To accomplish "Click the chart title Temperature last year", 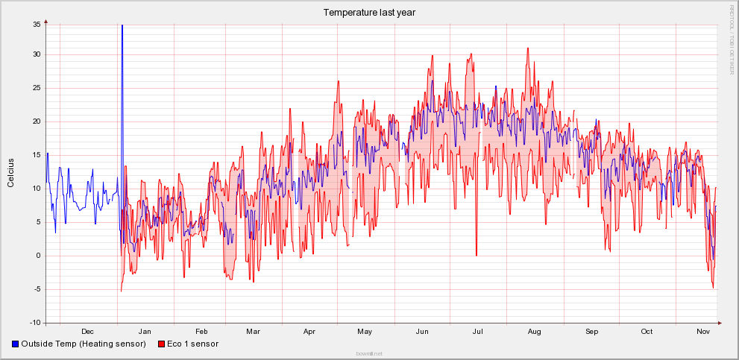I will click(x=369, y=12).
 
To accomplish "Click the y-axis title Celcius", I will click(x=10, y=172).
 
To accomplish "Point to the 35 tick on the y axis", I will click(x=37, y=25).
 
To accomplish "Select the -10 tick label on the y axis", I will click(x=34, y=323).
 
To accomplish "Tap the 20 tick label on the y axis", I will click(x=37, y=121).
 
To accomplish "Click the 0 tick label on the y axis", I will click(x=39, y=256).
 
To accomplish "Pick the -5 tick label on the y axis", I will click(x=37, y=289).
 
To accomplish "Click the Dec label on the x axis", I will click(x=87, y=331).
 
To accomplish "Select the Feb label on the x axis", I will click(x=201, y=331).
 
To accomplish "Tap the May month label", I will click(x=365, y=331).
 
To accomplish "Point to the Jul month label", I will click(x=477, y=331).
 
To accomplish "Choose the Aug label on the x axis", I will click(x=534, y=331).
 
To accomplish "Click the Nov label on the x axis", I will click(x=702, y=331).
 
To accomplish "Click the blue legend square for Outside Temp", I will click(x=16, y=344).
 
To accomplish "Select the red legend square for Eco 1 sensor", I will click(x=161, y=344).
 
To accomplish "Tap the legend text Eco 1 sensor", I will click(x=192, y=344).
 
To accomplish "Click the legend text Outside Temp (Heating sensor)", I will click(x=84, y=344).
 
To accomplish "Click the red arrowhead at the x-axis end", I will click(x=720, y=323).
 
